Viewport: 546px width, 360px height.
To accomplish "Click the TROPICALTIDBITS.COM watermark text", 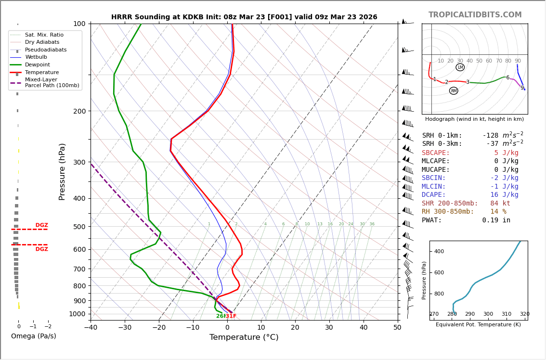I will (475, 15).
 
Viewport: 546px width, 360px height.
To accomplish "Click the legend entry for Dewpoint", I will (38, 65).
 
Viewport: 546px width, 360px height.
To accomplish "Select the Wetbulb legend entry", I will (37, 57).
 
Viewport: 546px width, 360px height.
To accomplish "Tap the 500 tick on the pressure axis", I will (79, 227).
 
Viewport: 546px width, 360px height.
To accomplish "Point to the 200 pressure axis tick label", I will (79, 111).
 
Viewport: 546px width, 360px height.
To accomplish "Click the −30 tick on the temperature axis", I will (125, 328).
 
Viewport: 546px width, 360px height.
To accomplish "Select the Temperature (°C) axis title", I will (244, 337).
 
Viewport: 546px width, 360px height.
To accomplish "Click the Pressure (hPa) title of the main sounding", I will (62, 171).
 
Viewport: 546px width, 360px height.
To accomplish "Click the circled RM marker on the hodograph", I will (454, 91).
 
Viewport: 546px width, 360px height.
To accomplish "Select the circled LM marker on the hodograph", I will (460, 67).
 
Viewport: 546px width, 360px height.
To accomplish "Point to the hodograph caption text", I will (474, 119).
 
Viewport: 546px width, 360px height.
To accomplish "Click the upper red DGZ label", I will (42, 225).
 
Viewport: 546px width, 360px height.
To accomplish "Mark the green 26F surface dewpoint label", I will (220, 316).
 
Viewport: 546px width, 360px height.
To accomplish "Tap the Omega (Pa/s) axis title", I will (34, 336).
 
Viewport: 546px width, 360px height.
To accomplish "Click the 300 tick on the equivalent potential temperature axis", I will (488, 314).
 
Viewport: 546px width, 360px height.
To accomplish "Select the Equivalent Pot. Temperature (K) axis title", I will (478, 325).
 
